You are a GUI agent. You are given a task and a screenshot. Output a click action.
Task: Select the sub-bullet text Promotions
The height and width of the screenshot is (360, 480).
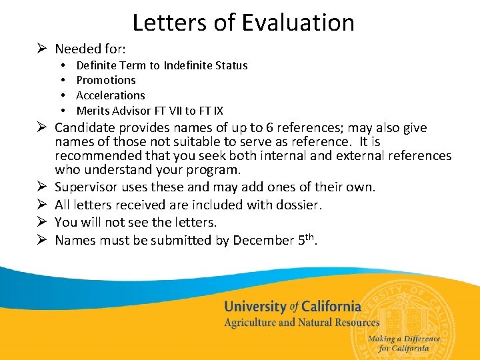click(106, 80)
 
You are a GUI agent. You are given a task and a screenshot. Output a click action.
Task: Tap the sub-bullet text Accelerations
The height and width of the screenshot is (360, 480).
click(111, 95)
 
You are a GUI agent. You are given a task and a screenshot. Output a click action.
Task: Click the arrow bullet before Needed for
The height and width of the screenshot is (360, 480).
click(42, 49)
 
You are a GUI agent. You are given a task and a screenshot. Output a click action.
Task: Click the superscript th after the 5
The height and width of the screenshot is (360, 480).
click(311, 236)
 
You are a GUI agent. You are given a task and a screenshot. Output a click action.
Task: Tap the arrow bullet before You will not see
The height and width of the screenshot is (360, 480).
click(42, 222)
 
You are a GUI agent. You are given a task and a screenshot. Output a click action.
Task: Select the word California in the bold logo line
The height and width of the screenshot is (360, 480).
click(331, 307)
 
